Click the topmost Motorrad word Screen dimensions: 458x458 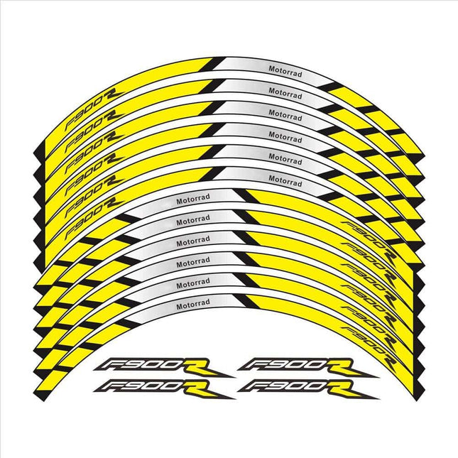pos(285,71)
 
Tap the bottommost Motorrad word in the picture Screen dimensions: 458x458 pos(193,304)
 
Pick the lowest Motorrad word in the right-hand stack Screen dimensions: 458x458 pos(285,181)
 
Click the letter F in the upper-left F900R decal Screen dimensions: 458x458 pos(109,364)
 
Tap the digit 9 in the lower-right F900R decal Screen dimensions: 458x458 pos(273,386)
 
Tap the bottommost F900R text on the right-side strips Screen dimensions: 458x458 pos(369,345)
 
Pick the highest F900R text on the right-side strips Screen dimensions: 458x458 pos(369,240)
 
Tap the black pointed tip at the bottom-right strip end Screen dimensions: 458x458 pos(417,399)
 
